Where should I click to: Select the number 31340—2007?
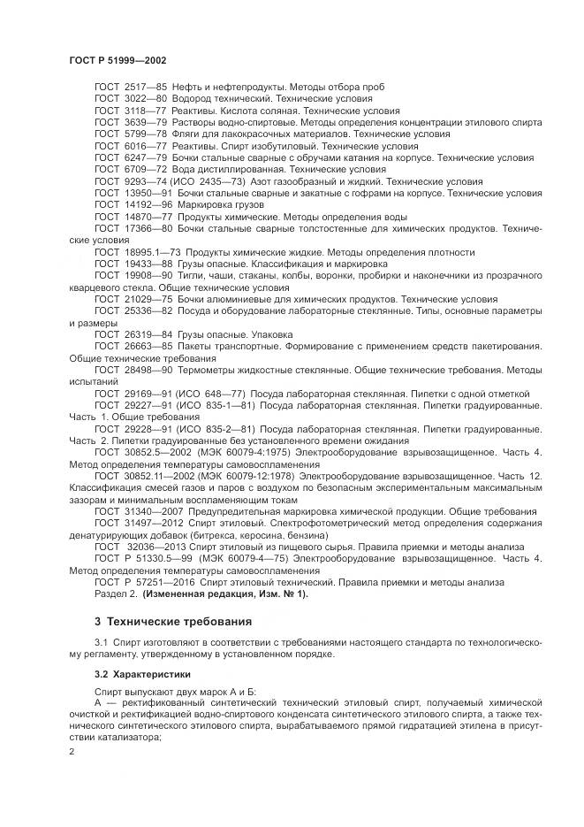pos(156,511)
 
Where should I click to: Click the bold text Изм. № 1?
pos(281,593)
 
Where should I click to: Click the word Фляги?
pos(187,134)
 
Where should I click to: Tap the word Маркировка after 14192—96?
pos(209,203)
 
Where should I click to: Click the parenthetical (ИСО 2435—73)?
pos(209,180)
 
